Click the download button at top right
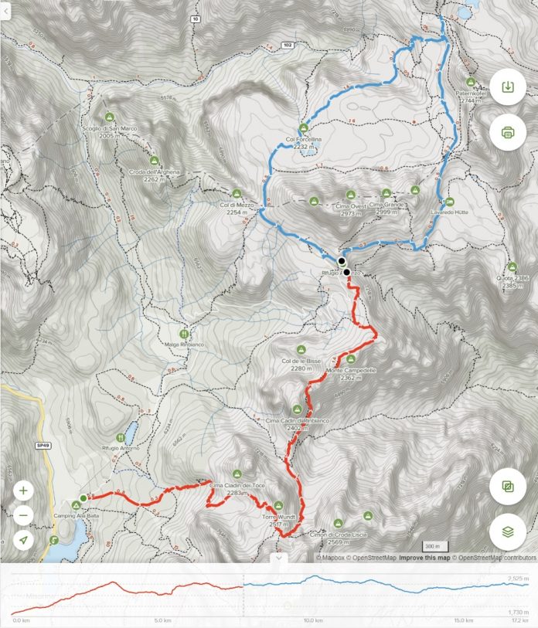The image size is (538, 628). pos(507,87)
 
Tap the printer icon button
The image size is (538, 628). pos(507,132)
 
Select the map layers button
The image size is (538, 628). pos(507,531)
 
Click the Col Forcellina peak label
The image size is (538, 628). pos(303,137)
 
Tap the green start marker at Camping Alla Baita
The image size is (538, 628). pos(83,498)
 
